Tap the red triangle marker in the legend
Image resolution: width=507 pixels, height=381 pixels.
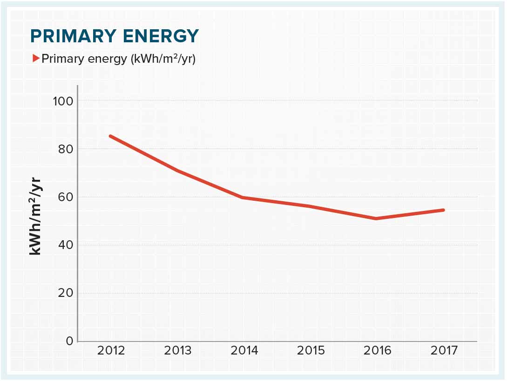[x=36, y=59]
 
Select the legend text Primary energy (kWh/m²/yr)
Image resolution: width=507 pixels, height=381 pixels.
[x=118, y=59]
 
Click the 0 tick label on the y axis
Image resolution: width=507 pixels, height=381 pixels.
[x=69, y=341]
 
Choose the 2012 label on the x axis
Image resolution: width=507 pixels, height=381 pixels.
[x=111, y=350]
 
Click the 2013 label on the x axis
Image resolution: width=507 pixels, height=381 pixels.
[x=177, y=350]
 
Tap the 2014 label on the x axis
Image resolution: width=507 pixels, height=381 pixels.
[x=244, y=350]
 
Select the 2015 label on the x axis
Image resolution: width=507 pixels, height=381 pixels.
[x=311, y=350]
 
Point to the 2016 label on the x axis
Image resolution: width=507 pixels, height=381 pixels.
[x=378, y=350]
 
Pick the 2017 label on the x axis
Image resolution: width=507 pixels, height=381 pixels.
[x=444, y=350]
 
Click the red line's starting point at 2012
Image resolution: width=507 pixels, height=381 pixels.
[x=110, y=136]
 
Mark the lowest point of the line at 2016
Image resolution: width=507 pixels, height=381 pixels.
[x=376, y=218]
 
